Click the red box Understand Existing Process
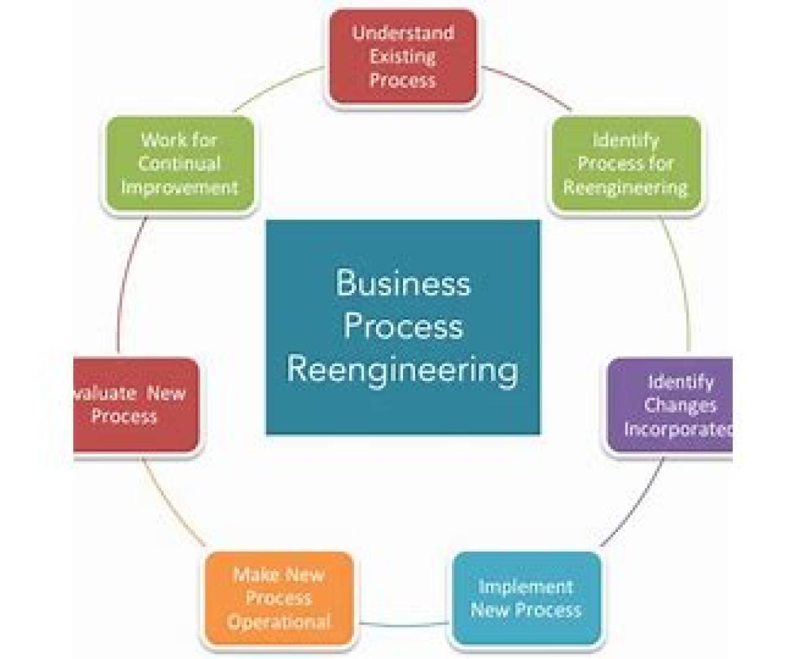(402, 58)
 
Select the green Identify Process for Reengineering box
(625, 164)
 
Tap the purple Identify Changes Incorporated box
(672, 406)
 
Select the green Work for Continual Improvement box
(179, 164)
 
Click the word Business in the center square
(402, 283)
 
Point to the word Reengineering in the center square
(402, 370)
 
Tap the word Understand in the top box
(402, 33)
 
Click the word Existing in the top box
(402, 56)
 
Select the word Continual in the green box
(179, 163)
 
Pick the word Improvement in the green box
(179, 187)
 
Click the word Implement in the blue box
(525, 586)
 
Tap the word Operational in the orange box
(279, 621)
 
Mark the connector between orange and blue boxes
(403, 625)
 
